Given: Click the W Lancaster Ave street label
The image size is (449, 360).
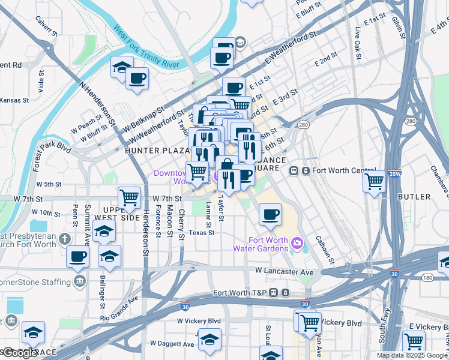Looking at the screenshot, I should click(285, 272).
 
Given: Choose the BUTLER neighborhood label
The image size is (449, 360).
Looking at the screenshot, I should click(414, 197).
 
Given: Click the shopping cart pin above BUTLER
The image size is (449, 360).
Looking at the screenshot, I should click(375, 180).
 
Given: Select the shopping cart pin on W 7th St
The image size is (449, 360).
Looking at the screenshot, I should click(130, 196).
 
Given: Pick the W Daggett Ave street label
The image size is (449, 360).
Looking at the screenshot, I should click(172, 344).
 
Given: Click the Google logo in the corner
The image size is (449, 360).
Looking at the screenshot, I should click(20, 353).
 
